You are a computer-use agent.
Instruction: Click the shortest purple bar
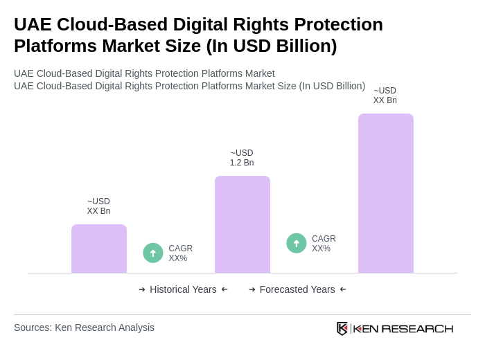click(99, 249)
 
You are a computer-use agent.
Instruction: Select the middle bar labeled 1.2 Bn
click(242, 224)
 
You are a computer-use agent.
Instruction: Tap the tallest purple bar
click(386, 193)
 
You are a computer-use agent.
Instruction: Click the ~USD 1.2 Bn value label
click(242, 158)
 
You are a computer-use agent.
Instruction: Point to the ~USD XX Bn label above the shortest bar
click(98, 206)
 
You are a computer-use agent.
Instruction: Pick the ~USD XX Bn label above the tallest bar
click(385, 96)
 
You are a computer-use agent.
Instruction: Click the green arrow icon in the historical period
click(153, 253)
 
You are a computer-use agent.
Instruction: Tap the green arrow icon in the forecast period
click(297, 243)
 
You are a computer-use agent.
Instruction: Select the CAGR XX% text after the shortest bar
click(181, 253)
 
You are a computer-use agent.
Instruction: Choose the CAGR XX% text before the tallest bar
click(324, 244)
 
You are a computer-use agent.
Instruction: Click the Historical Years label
click(183, 289)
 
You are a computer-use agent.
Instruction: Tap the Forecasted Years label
click(297, 289)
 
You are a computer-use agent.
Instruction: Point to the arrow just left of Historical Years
click(142, 289)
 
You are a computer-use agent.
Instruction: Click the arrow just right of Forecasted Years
click(343, 289)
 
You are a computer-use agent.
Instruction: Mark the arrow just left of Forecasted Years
click(252, 289)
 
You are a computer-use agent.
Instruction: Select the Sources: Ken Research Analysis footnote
click(84, 327)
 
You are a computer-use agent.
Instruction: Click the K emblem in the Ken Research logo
click(342, 328)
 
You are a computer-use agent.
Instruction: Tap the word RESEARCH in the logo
click(417, 328)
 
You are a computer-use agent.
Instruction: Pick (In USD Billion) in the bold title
click(272, 46)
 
